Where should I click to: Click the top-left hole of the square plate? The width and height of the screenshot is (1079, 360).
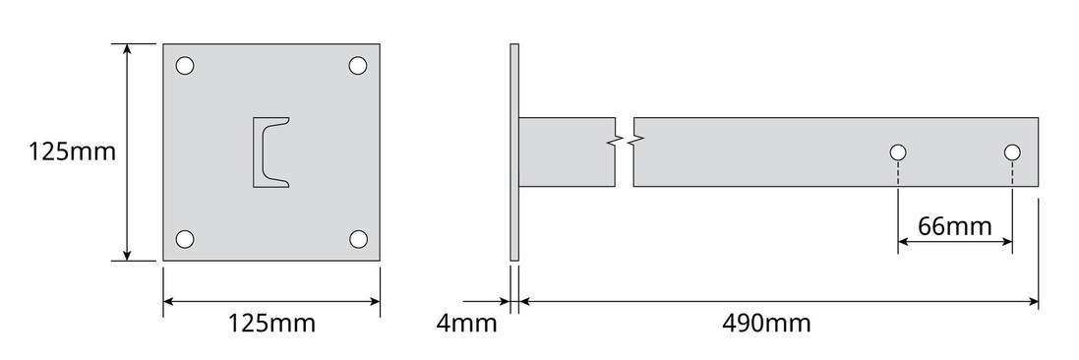coord(185,66)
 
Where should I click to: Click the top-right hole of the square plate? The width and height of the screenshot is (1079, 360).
coord(358,66)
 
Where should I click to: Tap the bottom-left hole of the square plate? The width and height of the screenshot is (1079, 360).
coord(185,238)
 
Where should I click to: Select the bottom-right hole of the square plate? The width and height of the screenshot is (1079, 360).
coord(358,238)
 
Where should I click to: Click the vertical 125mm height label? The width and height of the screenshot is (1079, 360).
coord(72,152)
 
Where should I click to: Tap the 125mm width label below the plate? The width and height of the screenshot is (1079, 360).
coord(271,323)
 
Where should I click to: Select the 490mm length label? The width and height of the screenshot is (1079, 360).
coord(766,323)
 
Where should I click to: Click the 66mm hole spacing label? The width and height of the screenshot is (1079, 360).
coord(954,226)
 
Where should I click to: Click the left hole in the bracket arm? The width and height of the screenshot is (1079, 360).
coord(897,152)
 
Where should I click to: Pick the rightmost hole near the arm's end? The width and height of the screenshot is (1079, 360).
coord(1012,152)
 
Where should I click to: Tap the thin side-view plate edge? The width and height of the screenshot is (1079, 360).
coord(512,152)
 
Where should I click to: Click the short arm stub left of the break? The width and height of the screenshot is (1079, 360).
coord(566,151)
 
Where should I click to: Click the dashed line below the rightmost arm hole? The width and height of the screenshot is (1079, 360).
coord(1012,197)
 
